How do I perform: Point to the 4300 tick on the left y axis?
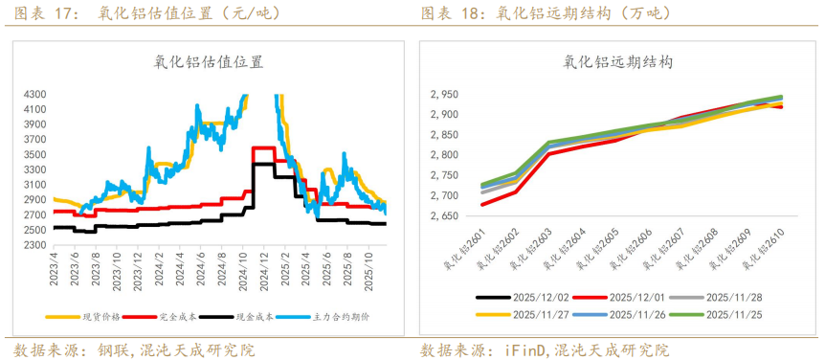coord(34,95)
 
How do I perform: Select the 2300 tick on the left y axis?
coord(34,245)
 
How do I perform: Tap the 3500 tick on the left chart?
coord(34,155)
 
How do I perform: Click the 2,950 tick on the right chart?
coord(444,95)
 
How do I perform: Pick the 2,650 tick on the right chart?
coord(444,216)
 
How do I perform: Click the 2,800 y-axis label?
coord(444,155)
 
